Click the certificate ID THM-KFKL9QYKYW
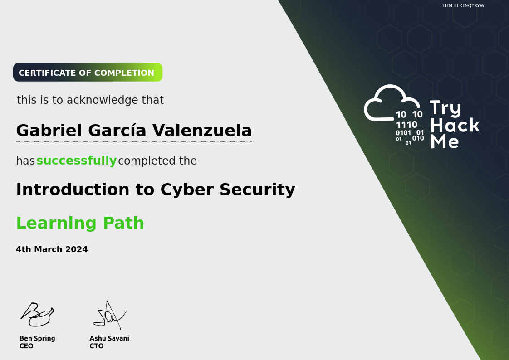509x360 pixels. (x=463, y=5)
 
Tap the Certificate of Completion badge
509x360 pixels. (x=88, y=73)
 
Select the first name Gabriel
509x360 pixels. (x=49, y=131)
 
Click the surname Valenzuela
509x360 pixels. (x=202, y=131)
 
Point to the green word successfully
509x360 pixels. (x=76, y=161)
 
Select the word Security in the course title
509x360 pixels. (x=257, y=190)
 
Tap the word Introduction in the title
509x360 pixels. (x=73, y=190)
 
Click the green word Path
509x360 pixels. (x=123, y=223)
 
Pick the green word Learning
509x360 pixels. (x=57, y=223)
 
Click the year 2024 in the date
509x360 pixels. (x=76, y=249)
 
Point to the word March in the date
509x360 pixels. (x=48, y=249)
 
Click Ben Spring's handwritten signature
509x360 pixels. (x=37, y=315)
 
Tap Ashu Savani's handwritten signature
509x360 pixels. (x=109, y=315)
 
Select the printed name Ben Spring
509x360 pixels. (x=37, y=338)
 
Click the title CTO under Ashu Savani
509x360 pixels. (x=97, y=346)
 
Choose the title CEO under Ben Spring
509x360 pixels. (x=26, y=346)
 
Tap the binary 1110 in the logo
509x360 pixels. (x=406, y=125)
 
